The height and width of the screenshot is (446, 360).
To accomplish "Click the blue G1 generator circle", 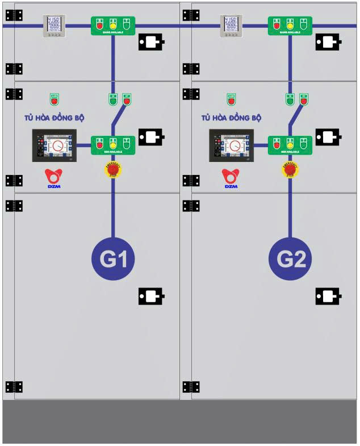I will tap(113, 259).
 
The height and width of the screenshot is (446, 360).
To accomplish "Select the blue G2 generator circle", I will tap(290, 259).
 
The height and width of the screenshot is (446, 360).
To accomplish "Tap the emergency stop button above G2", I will tap(290, 169).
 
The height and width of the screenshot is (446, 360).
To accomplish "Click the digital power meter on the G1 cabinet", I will tap(55, 26).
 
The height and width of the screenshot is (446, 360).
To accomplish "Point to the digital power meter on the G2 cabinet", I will tap(231, 26).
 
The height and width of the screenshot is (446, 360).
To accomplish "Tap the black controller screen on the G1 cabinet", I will tap(55, 146).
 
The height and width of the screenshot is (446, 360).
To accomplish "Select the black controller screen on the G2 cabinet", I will tap(231, 146).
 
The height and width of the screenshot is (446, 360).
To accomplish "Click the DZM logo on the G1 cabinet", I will tap(55, 178).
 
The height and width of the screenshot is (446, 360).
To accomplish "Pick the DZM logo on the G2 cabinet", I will tap(231, 178).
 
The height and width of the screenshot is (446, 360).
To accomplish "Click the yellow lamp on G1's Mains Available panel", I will tap(113, 25).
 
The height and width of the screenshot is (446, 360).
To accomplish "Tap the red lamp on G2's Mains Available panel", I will tap(277, 25).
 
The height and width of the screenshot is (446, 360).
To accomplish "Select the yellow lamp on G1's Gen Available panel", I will tap(113, 144).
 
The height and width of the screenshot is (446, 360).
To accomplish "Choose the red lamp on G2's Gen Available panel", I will tap(277, 144).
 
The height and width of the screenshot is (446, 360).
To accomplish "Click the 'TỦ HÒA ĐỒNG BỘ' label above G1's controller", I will tap(55, 118).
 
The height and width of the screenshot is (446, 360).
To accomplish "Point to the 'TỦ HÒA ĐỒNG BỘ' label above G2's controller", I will tap(231, 118).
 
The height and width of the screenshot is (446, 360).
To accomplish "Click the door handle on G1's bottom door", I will tap(151, 296).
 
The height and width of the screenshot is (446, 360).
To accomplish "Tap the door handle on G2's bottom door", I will tap(328, 296).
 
